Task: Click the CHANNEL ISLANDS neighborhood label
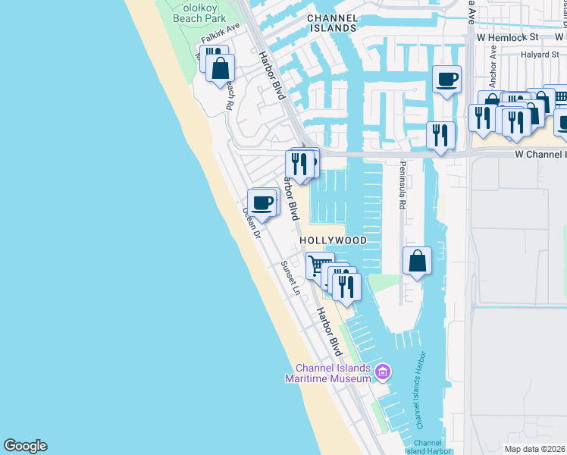[331, 22]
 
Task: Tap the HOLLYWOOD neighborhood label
[333, 240]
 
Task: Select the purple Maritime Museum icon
[384, 372]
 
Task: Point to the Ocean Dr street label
[251, 224]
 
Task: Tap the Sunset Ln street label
[291, 278]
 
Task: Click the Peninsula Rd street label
[403, 186]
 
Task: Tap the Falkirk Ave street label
[220, 37]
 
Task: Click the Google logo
[25, 446]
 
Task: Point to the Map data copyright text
[535, 449]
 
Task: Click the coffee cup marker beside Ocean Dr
[262, 202]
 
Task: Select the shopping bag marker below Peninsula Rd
[417, 262]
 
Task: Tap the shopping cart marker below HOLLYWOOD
[319, 266]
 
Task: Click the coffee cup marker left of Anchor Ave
[446, 79]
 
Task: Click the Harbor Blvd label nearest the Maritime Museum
[330, 331]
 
